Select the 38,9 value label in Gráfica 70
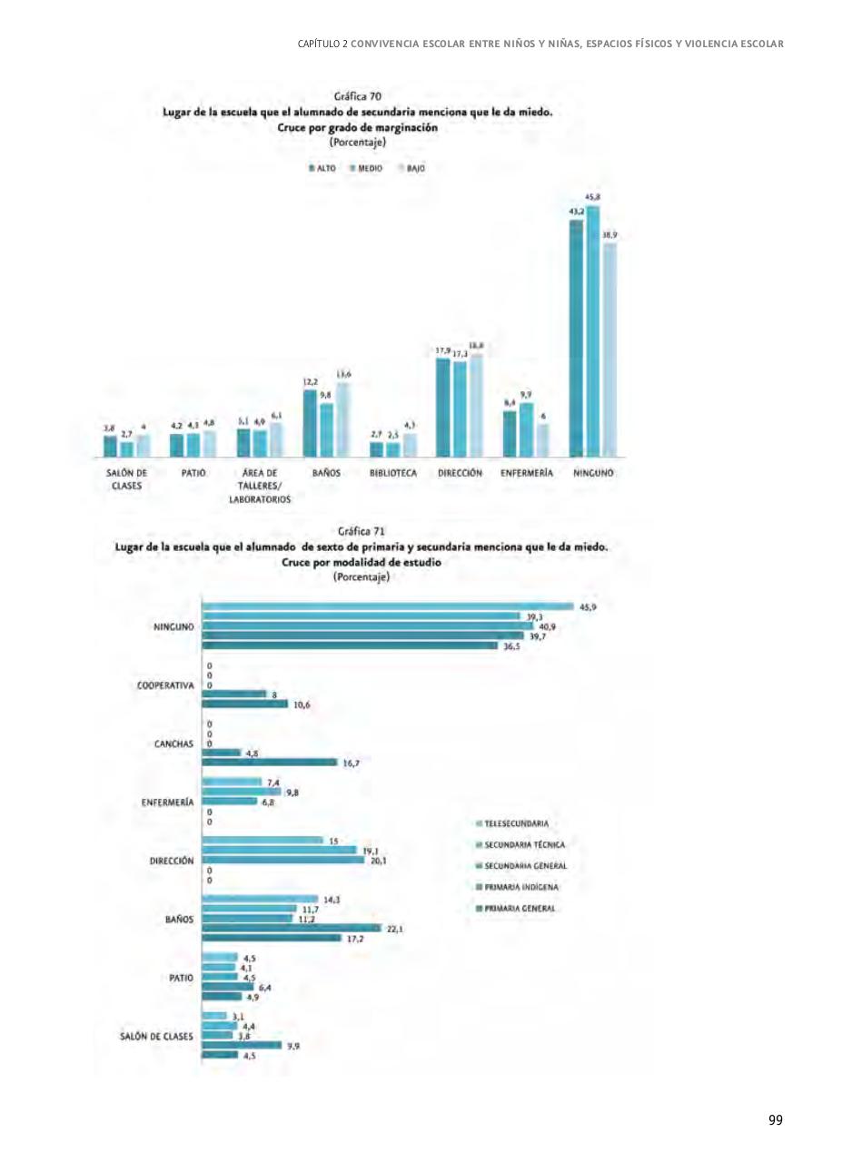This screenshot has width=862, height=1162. tap(609, 235)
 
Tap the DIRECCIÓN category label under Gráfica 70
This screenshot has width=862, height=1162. tap(460, 473)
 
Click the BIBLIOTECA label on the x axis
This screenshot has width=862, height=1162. tap(393, 473)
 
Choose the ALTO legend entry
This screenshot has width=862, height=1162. tap(323, 168)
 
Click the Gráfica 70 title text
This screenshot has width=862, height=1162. tap(357, 94)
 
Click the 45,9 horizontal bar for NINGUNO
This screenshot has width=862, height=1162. tap(388, 606)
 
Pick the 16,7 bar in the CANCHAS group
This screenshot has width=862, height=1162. tap(270, 763)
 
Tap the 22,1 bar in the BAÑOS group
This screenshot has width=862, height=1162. tap(292, 928)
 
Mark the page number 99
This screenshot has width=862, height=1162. tap(775, 1120)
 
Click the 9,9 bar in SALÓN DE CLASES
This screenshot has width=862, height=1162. tap(242, 1045)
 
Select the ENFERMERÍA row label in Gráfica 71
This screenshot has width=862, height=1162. tap(166, 803)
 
